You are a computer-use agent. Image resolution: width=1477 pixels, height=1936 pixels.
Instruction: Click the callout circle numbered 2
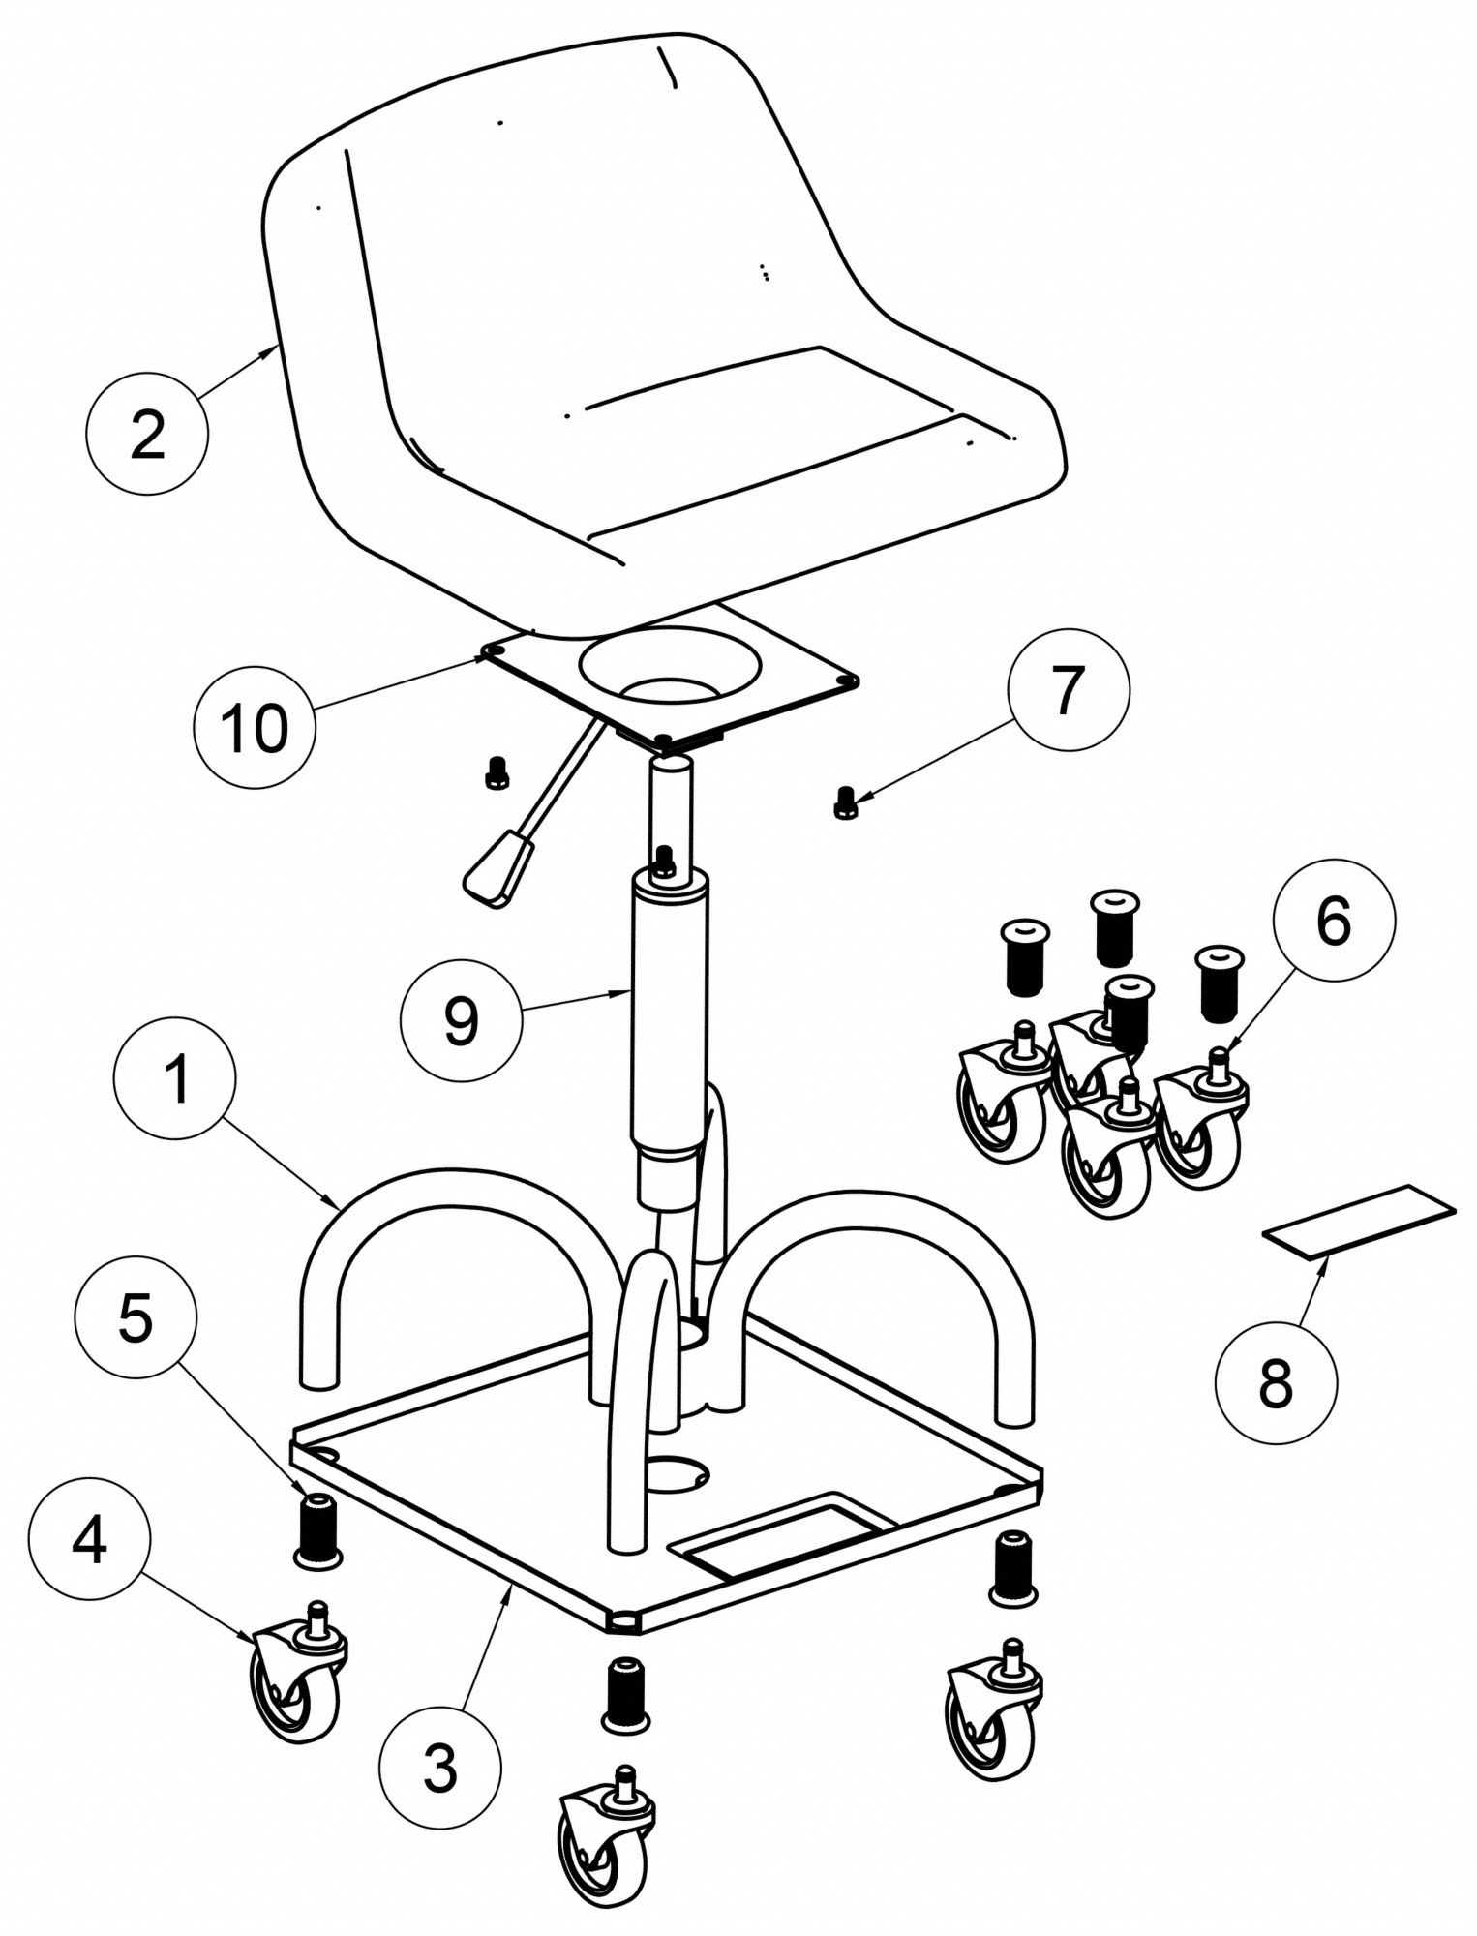click(147, 435)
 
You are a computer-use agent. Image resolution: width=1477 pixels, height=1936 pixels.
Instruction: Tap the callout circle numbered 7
click(1068, 691)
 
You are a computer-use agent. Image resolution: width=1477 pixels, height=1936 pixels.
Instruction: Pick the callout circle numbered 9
click(462, 1019)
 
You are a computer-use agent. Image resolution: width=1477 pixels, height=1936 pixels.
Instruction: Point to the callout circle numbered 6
click(1333, 921)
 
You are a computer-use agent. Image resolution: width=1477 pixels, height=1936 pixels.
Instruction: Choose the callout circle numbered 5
click(136, 1318)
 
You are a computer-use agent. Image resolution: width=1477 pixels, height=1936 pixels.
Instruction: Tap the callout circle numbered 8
click(1276, 1383)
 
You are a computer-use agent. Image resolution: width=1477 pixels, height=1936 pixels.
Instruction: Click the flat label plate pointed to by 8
click(1359, 1222)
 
